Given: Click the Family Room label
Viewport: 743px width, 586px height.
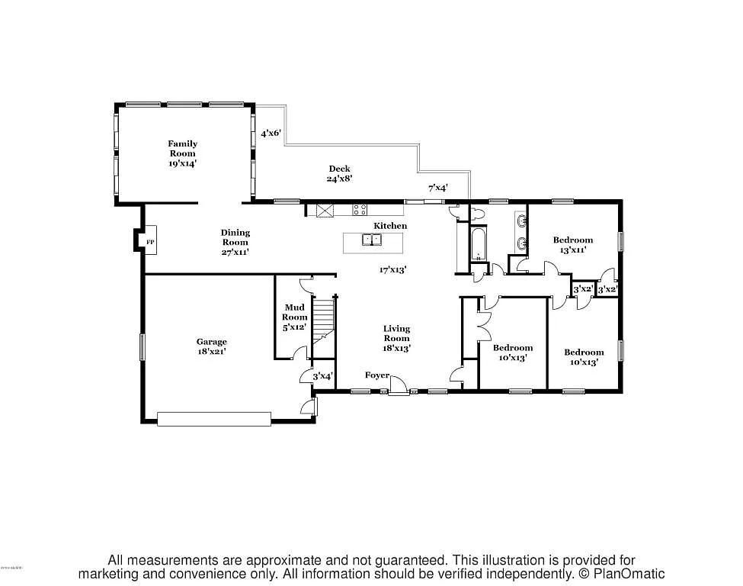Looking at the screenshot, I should [x=183, y=153].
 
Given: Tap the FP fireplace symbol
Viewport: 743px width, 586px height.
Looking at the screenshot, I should [x=150, y=243].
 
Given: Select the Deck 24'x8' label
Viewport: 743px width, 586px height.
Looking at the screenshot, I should [x=339, y=173].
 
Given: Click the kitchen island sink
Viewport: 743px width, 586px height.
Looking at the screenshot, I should [x=372, y=240].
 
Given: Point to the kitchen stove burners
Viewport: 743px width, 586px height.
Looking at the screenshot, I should [x=360, y=208].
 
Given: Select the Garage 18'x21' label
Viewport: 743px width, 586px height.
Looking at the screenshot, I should [x=211, y=346].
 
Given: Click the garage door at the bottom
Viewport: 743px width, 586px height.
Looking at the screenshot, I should [x=213, y=417].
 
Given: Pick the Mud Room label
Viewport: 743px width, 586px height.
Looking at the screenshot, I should [x=295, y=317].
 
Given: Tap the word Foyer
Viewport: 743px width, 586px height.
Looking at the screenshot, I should [x=376, y=375].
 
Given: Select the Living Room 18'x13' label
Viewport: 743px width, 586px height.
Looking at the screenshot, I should [x=396, y=337].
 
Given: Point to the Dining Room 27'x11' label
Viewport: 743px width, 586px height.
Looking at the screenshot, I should [x=235, y=242].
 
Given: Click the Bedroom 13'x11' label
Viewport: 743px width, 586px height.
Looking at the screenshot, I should [x=572, y=244].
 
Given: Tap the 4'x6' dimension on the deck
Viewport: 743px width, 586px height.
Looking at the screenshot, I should [x=271, y=134].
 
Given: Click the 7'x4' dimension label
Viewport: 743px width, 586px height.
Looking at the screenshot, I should [x=437, y=188].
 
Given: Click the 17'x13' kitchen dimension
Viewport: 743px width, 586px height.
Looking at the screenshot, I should [x=393, y=269].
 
